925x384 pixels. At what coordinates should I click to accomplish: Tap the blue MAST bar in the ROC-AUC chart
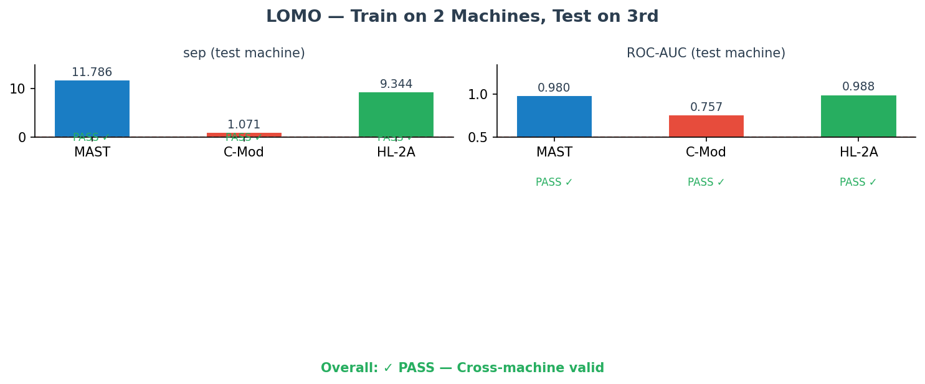click(554, 117)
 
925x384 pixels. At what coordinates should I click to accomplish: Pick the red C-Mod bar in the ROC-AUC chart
click(706, 126)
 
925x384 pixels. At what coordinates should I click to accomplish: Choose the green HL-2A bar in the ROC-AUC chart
click(858, 116)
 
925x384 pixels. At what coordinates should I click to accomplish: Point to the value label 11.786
click(92, 72)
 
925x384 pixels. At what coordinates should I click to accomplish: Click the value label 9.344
click(396, 84)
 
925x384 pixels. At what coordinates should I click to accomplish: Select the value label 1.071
click(244, 125)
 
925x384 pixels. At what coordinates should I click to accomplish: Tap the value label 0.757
click(706, 107)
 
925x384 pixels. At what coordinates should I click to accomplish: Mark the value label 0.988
click(858, 87)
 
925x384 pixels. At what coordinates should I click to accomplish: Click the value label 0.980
click(554, 88)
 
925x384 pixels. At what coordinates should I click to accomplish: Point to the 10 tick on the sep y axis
click(17, 89)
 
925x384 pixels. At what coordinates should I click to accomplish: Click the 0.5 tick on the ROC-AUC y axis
click(479, 138)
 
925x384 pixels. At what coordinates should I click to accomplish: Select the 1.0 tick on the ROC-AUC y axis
click(479, 95)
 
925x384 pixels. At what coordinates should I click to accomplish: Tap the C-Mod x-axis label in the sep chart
click(244, 153)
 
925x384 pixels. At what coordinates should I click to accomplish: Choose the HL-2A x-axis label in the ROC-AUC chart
click(858, 153)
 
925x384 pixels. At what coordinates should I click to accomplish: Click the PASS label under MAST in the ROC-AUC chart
click(554, 183)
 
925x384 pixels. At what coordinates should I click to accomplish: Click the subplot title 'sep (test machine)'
click(244, 54)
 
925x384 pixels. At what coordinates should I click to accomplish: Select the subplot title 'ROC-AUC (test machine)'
click(706, 54)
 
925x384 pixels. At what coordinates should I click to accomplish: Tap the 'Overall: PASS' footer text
click(462, 368)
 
